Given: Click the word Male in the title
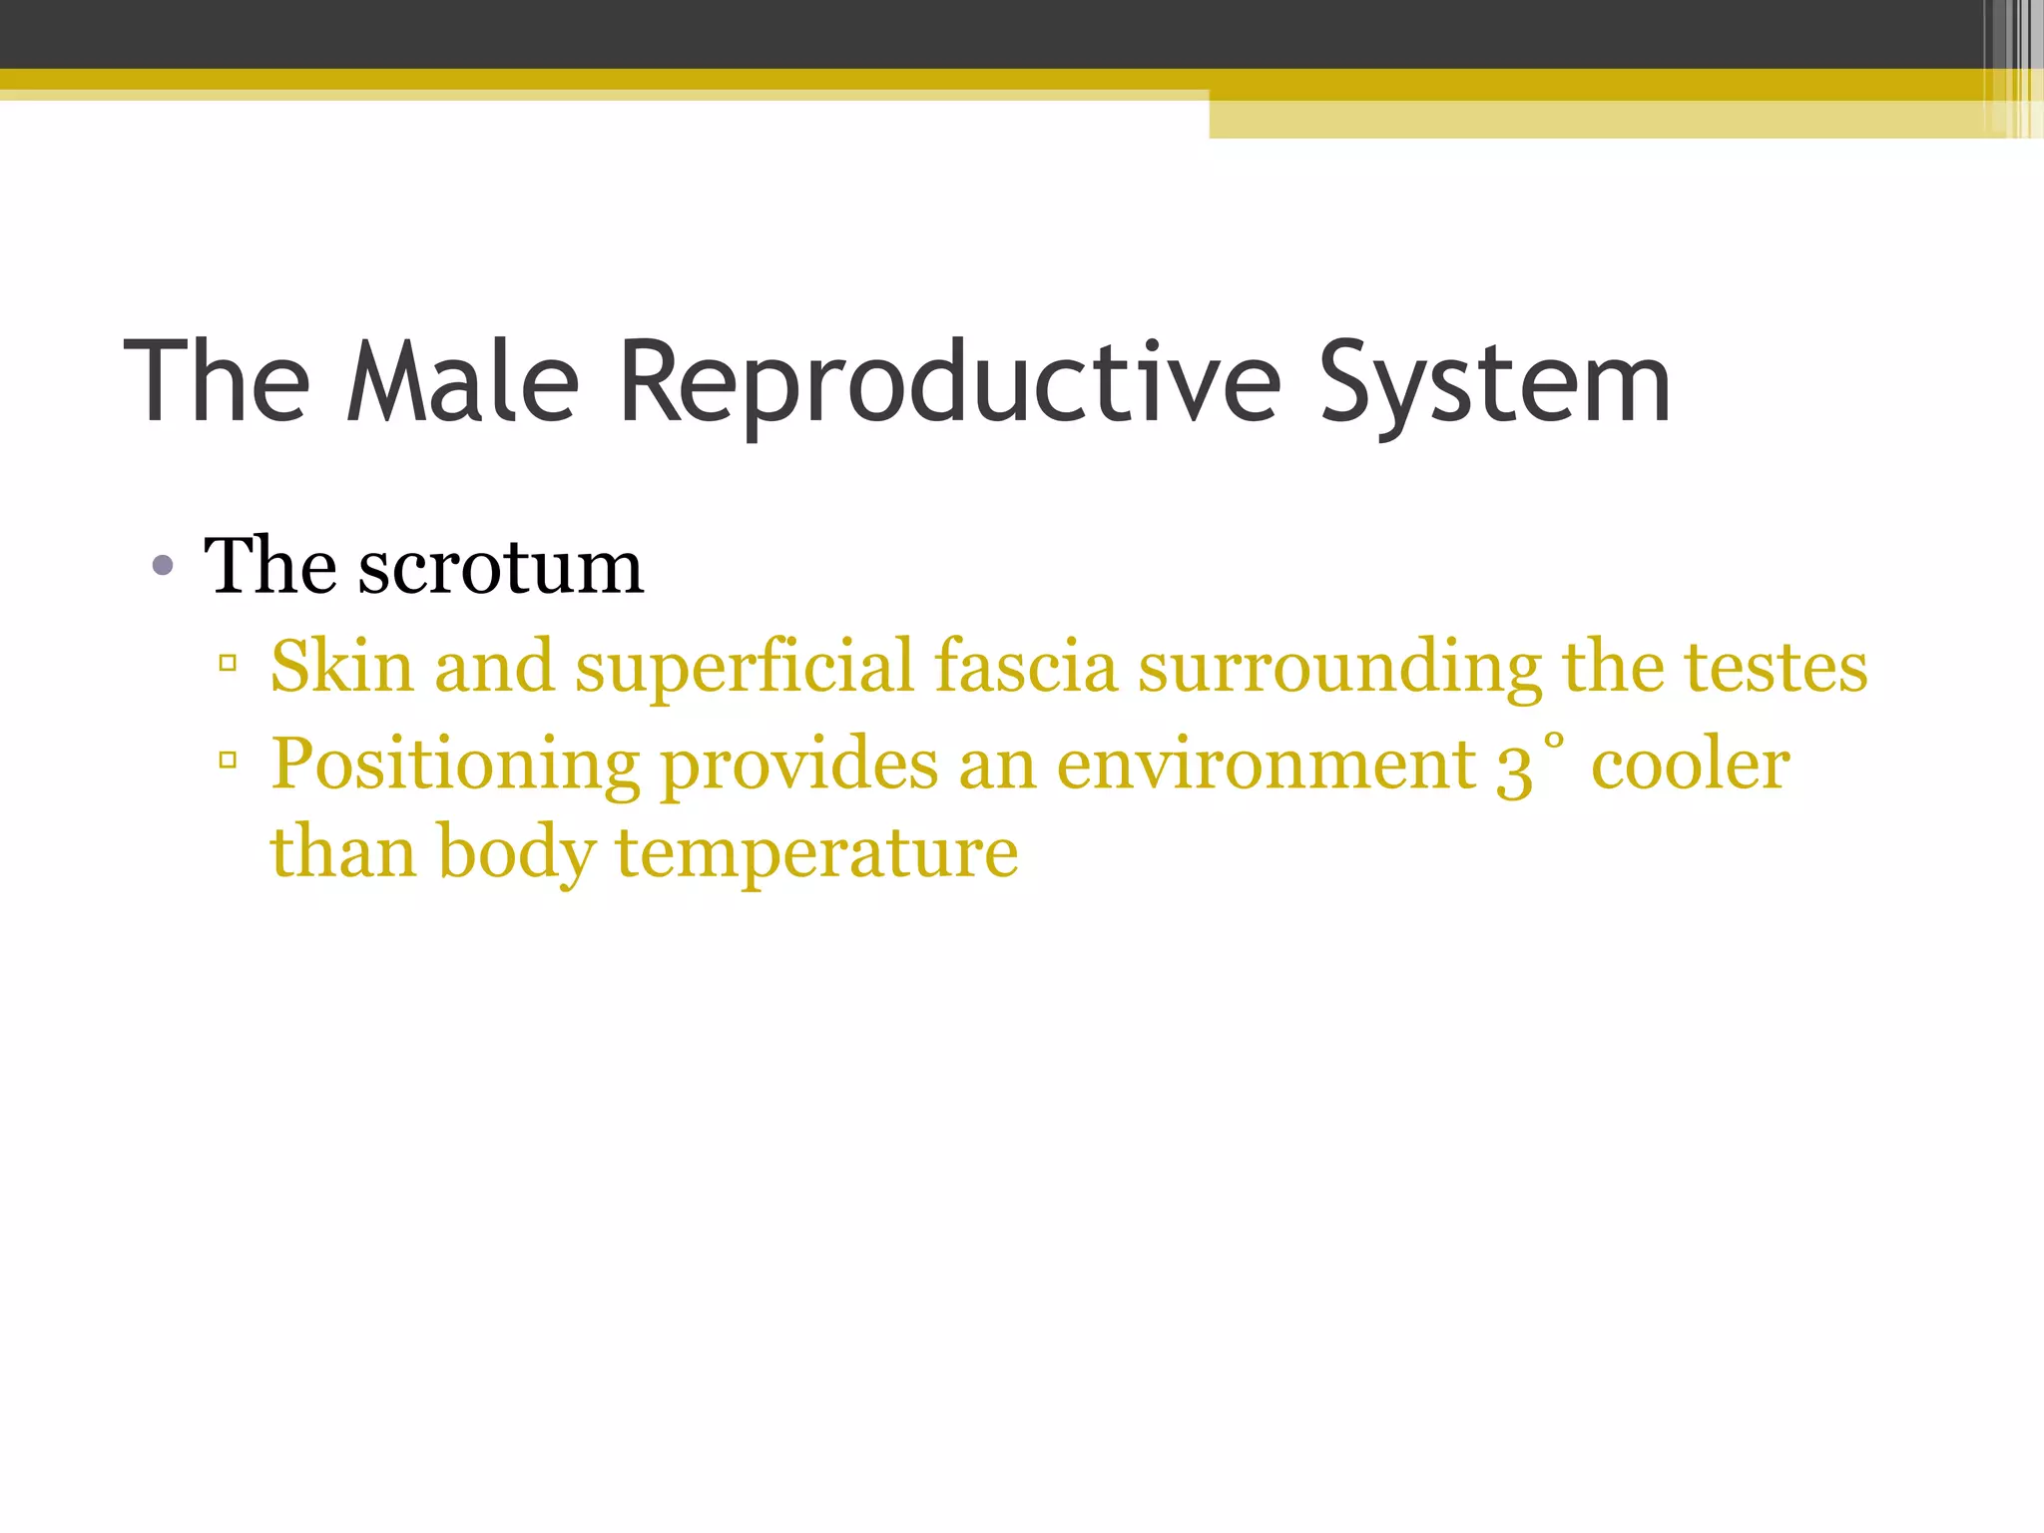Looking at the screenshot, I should (x=462, y=382).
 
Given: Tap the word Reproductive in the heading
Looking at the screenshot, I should (x=949, y=382).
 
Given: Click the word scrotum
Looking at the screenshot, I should (x=500, y=567).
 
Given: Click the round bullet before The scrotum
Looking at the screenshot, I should (x=163, y=568).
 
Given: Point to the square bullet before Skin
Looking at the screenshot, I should (x=228, y=663).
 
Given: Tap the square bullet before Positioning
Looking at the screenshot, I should (x=228, y=762).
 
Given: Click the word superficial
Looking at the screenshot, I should (x=744, y=666).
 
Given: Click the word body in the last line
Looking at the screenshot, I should (x=515, y=853).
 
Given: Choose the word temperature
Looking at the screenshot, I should (x=816, y=853).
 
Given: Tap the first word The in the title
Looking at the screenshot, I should (x=217, y=382).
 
